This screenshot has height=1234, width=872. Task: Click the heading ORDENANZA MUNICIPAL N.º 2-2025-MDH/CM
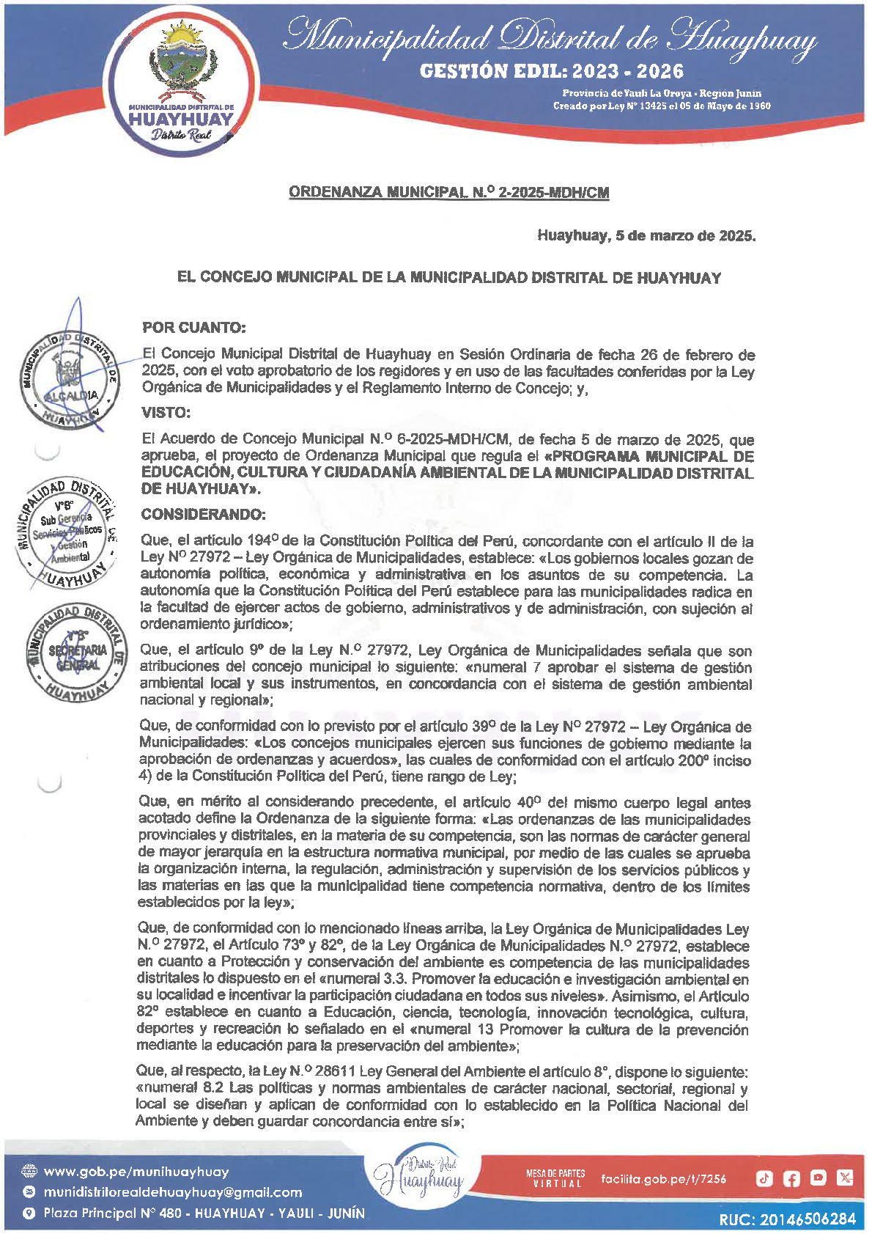pyautogui.click(x=448, y=193)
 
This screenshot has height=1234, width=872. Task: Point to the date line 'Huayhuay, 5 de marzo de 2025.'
pyautogui.click(x=646, y=236)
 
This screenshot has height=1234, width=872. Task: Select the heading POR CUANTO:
pyautogui.click(x=193, y=327)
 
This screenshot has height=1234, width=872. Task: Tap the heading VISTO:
pyautogui.click(x=166, y=413)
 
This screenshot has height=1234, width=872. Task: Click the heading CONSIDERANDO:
pyautogui.click(x=203, y=514)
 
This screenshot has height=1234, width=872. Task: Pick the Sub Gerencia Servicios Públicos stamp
pyautogui.click(x=66, y=534)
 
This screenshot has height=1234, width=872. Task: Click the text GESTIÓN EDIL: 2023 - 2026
pyautogui.click(x=551, y=72)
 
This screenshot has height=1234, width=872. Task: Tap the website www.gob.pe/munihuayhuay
pyautogui.click(x=136, y=1172)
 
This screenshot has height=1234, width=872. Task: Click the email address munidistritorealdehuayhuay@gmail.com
pyautogui.click(x=172, y=1192)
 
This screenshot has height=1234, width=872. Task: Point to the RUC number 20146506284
pyautogui.click(x=787, y=1219)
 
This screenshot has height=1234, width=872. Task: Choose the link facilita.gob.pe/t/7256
pyautogui.click(x=663, y=1179)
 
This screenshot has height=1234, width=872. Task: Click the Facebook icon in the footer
pyautogui.click(x=791, y=1178)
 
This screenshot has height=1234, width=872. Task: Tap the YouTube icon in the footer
pyautogui.click(x=818, y=1178)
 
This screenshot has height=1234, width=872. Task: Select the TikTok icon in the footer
pyautogui.click(x=764, y=1178)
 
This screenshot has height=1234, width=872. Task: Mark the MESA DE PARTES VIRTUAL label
pyautogui.click(x=555, y=1179)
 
